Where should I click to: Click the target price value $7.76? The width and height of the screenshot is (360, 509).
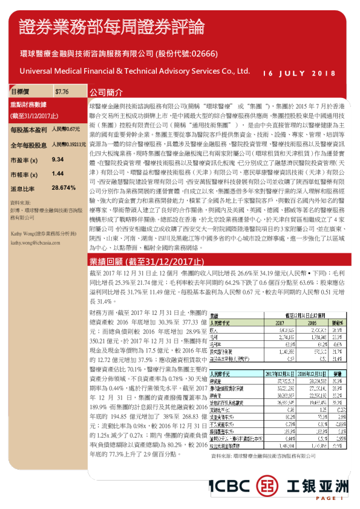(x=62, y=92)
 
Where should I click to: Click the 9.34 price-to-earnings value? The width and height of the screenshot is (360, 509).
(x=58, y=159)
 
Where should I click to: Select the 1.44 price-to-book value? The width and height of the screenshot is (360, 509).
(x=58, y=173)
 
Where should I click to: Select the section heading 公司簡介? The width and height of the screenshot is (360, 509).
(x=106, y=93)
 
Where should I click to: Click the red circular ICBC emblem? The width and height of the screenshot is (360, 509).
(x=266, y=486)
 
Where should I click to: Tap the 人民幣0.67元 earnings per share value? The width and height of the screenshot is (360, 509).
(x=65, y=130)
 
